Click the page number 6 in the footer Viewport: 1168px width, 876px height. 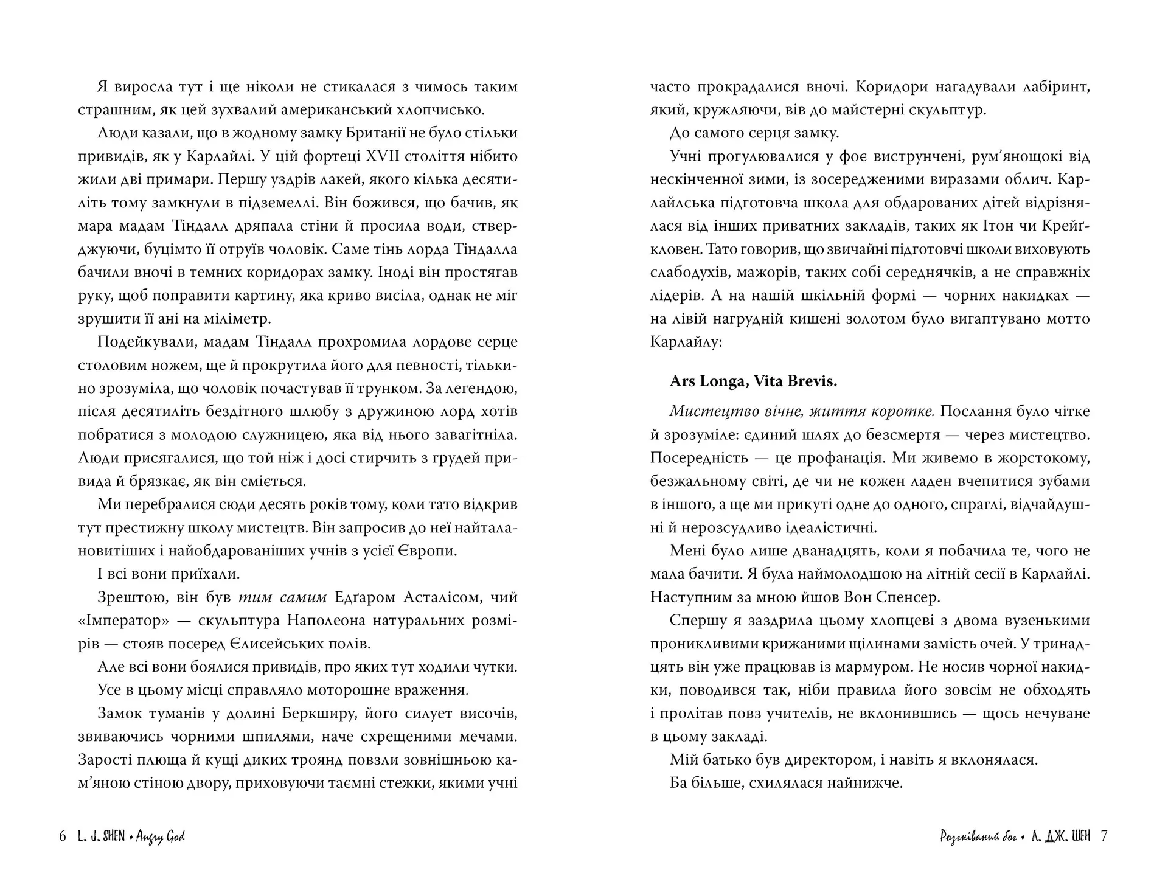[x=62, y=836]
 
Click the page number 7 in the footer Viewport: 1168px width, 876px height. [x=1104, y=836]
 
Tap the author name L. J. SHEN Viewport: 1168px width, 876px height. [x=101, y=836]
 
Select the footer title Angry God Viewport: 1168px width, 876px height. [x=160, y=837]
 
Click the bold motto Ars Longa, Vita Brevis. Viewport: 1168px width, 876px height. [x=753, y=381]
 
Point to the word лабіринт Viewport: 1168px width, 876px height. [x=1055, y=87]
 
